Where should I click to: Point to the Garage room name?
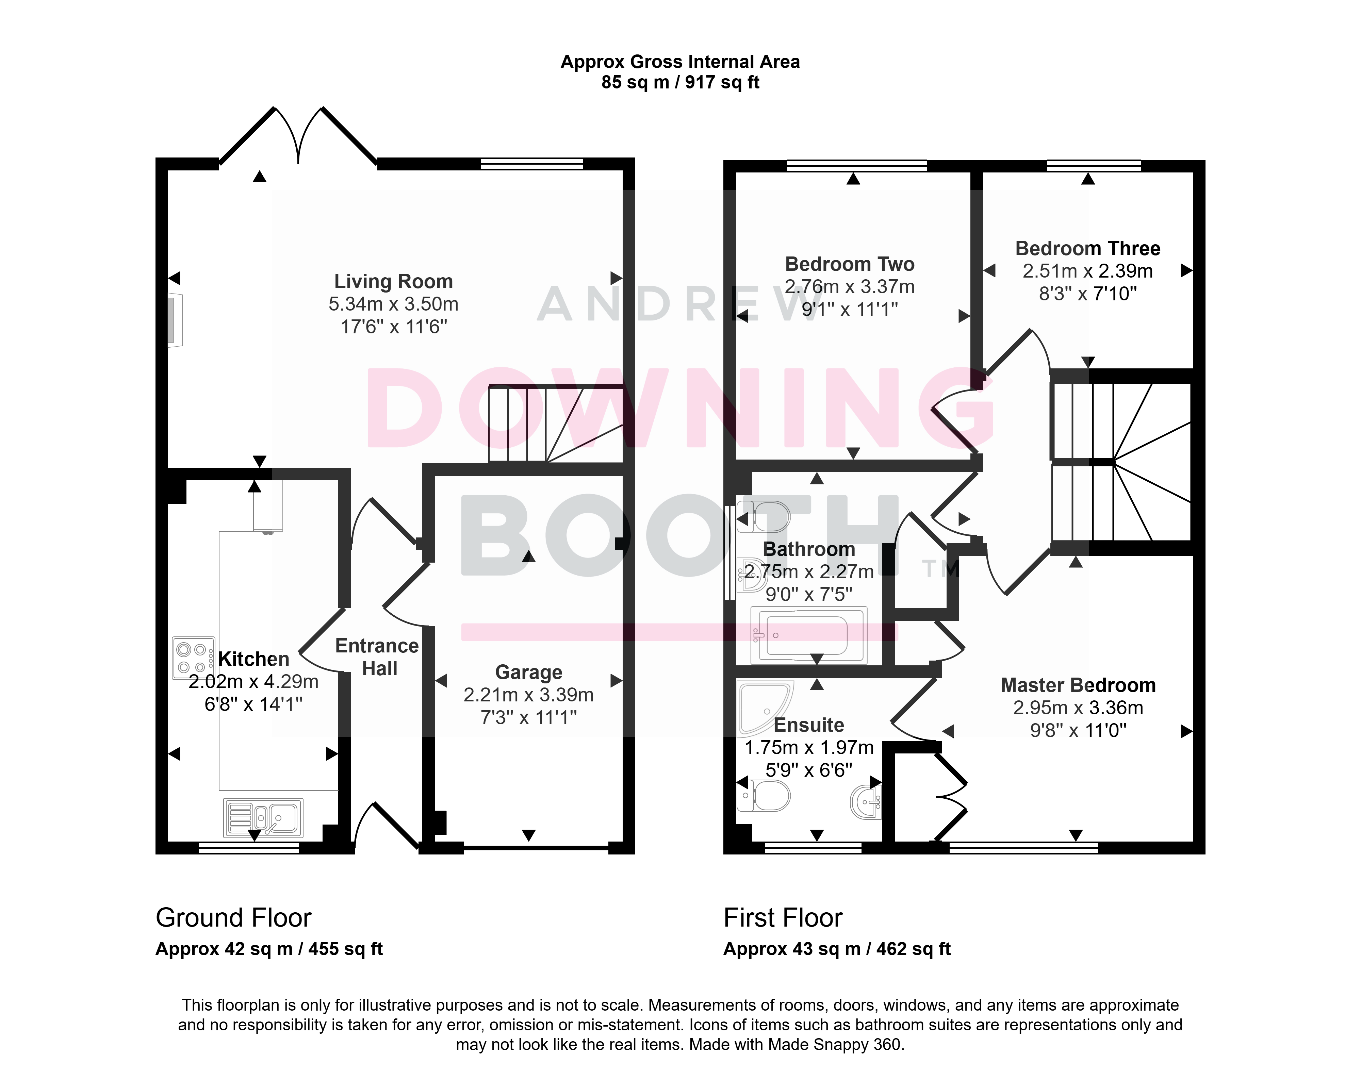528,672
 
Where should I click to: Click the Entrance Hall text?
377,657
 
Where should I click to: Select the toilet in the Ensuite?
764,796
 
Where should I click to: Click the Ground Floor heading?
233,918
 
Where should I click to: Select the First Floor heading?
783,918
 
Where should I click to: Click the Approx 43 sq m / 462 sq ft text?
837,949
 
